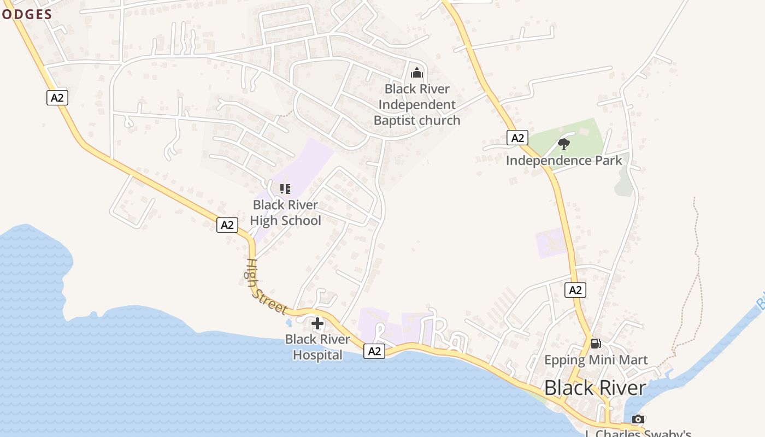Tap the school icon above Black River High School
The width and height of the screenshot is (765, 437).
click(285, 189)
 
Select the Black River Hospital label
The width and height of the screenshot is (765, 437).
click(317, 347)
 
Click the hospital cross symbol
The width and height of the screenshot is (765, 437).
click(317, 323)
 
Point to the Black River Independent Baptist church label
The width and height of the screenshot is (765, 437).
click(417, 104)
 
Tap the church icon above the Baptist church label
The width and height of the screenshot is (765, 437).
click(417, 72)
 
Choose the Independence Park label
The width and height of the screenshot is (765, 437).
click(563, 160)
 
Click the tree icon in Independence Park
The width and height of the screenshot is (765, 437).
click(563, 144)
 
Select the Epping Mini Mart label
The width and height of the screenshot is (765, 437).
click(596, 360)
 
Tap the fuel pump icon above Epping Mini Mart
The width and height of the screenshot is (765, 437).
click(596, 344)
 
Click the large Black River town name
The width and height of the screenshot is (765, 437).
click(595, 388)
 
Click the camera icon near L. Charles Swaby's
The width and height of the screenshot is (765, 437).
click(638, 419)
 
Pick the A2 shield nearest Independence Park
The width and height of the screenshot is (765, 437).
click(517, 138)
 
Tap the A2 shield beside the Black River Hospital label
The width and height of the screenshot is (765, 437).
click(374, 351)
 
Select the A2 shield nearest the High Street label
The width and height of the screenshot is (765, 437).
click(227, 225)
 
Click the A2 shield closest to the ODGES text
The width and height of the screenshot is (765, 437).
click(57, 98)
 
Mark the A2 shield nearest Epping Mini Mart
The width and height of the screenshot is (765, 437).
click(575, 290)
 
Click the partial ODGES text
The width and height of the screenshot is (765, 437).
click(26, 14)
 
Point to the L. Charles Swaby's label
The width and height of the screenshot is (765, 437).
click(638, 433)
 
